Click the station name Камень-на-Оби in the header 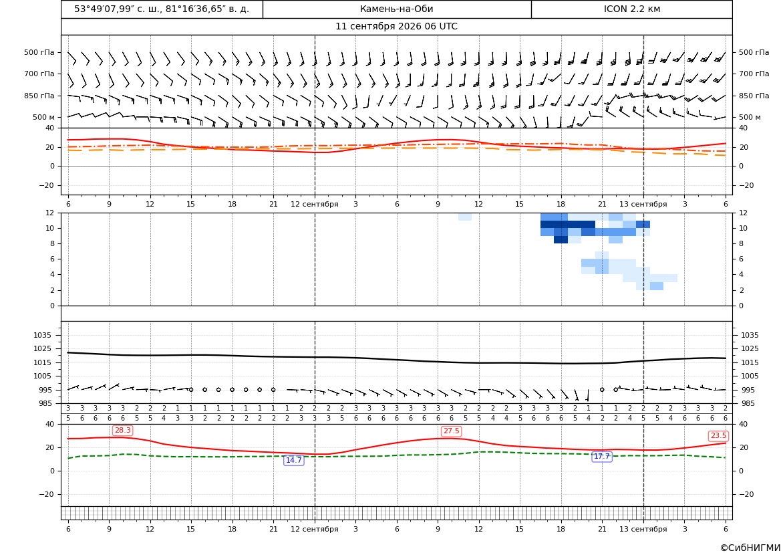396,9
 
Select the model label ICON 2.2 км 631,9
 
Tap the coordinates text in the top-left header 162,9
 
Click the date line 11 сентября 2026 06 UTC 396,27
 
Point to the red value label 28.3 122,431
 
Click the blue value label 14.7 293,460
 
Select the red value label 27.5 451,431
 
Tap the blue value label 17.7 602,456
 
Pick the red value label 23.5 718,436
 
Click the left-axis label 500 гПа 39,52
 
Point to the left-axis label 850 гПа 39,96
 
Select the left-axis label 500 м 44,117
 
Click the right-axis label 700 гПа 754,74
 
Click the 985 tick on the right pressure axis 748,403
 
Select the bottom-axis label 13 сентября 643,529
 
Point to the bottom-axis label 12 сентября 314,529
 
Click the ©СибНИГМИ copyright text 750,548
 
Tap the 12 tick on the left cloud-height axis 50,213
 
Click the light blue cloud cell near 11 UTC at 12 465,217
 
